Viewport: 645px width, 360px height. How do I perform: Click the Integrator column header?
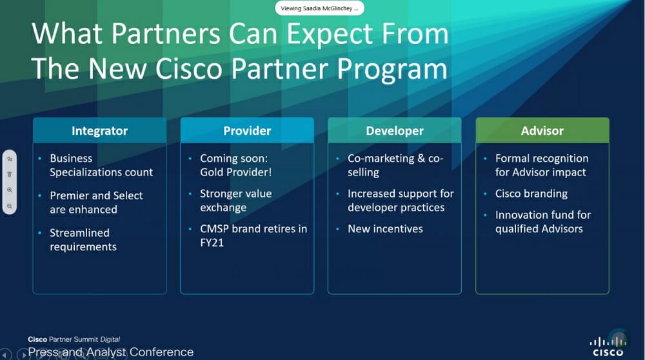99,131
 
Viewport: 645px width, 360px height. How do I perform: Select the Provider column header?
247,131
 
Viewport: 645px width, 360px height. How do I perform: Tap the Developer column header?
395,131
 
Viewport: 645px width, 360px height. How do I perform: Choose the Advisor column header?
542,131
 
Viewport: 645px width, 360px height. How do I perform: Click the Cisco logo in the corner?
608,346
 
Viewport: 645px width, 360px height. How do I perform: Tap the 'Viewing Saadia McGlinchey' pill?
320,8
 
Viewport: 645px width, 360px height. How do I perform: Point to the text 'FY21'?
212,243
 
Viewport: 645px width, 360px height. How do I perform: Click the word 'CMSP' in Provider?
214,229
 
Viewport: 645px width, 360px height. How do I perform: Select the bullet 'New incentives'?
385,229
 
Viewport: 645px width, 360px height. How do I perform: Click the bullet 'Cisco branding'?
531,194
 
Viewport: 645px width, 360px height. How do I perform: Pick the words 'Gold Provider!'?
235,172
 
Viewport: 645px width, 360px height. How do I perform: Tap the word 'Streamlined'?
79,233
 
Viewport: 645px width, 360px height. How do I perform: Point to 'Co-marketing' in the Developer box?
381,159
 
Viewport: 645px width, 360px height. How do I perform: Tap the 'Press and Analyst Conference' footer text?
111,352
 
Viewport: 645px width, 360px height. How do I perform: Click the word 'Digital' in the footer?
110,339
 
